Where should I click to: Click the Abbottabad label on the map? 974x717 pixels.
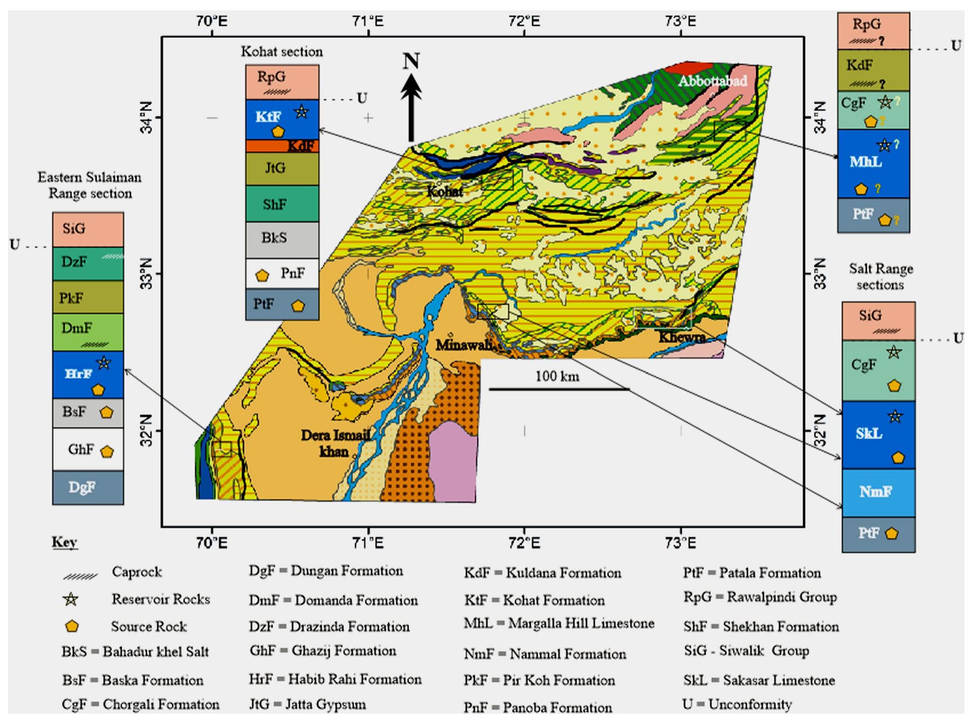[x=712, y=81]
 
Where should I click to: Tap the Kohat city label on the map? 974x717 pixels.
[x=444, y=191]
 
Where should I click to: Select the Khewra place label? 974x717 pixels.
[x=681, y=337]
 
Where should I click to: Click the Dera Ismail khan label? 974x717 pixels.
[x=335, y=443]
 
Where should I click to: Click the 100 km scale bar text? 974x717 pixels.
[x=557, y=376]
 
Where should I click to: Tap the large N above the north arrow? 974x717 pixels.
[x=411, y=61]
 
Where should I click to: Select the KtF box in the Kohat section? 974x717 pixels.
[x=282, y=119]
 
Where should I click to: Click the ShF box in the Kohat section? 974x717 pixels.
[x=282, y=204]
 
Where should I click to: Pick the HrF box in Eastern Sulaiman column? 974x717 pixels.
[x=88, y=375]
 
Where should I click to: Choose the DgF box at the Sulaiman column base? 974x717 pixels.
[x=88, y=488]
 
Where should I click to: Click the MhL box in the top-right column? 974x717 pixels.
[x=873, y=163]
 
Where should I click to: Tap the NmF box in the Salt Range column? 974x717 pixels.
[x=878, y=492]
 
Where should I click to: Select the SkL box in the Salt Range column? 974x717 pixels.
[x=878, y=435]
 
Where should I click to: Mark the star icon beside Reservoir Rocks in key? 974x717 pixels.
[x=71, y=599]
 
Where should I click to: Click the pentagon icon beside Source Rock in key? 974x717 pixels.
[x=72, y=626]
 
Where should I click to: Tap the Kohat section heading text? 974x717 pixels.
[x=282, y=51]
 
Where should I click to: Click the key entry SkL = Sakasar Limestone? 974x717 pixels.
[x=759, y=680]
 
